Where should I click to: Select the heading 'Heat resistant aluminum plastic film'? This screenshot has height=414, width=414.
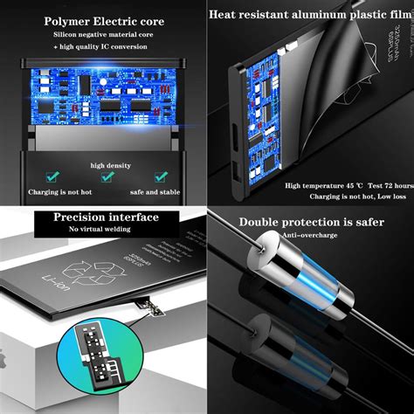pyautogui.click(x=310, y=13)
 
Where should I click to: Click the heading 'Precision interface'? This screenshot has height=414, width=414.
pyautogui.click(x=105, y=217)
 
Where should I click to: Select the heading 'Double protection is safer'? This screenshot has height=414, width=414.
pyautogui.click(x=312, y=222)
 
